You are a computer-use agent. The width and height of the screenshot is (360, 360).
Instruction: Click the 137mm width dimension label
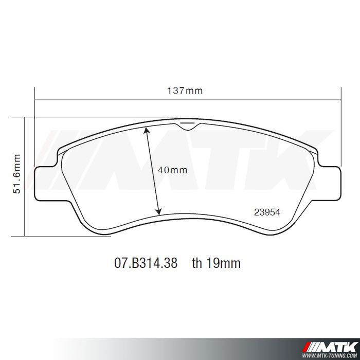(185, 91)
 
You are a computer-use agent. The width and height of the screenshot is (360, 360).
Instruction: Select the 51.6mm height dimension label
(17, 174)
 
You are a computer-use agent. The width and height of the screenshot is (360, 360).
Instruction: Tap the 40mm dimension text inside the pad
(173, 170)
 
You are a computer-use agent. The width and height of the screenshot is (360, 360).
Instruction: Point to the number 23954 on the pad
(267, 212)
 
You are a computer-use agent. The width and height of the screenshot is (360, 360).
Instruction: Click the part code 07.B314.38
(146, 263)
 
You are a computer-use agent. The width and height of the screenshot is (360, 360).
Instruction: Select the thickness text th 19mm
(217, 263)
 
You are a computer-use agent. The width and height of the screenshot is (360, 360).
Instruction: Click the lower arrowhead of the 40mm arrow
(159, 212)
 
